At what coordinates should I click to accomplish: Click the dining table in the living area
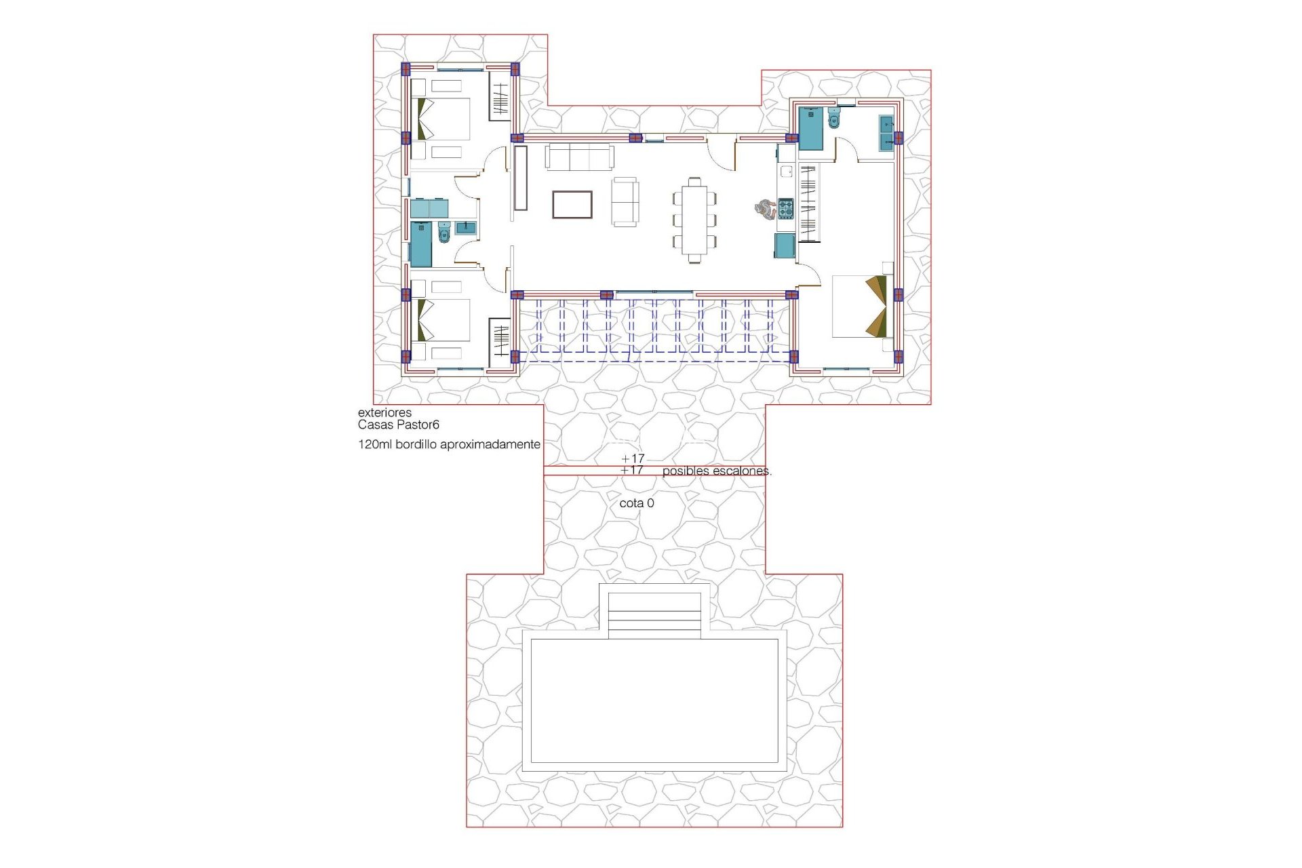click(694, 220)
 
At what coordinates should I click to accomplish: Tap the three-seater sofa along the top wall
click(580, 157)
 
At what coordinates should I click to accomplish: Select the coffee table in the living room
click(572, 204)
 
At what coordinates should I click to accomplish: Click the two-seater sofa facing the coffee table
click(625, 201)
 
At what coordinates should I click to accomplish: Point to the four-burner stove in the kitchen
click(785, 208)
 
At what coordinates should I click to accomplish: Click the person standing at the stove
click(765, 209)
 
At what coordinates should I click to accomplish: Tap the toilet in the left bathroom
click(445, 233)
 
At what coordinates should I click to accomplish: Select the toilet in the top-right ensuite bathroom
click(833, 118)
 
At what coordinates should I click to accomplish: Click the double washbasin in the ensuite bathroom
click(886, 133)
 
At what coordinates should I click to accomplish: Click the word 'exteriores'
click(384, 412)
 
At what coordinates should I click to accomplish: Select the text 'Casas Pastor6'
click(399, 425)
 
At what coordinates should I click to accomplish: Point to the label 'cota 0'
click(636, 503)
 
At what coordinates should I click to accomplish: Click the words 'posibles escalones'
click(716, 471)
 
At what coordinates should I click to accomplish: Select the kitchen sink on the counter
click(787, 172)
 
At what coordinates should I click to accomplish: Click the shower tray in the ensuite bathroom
click(810, 128)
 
